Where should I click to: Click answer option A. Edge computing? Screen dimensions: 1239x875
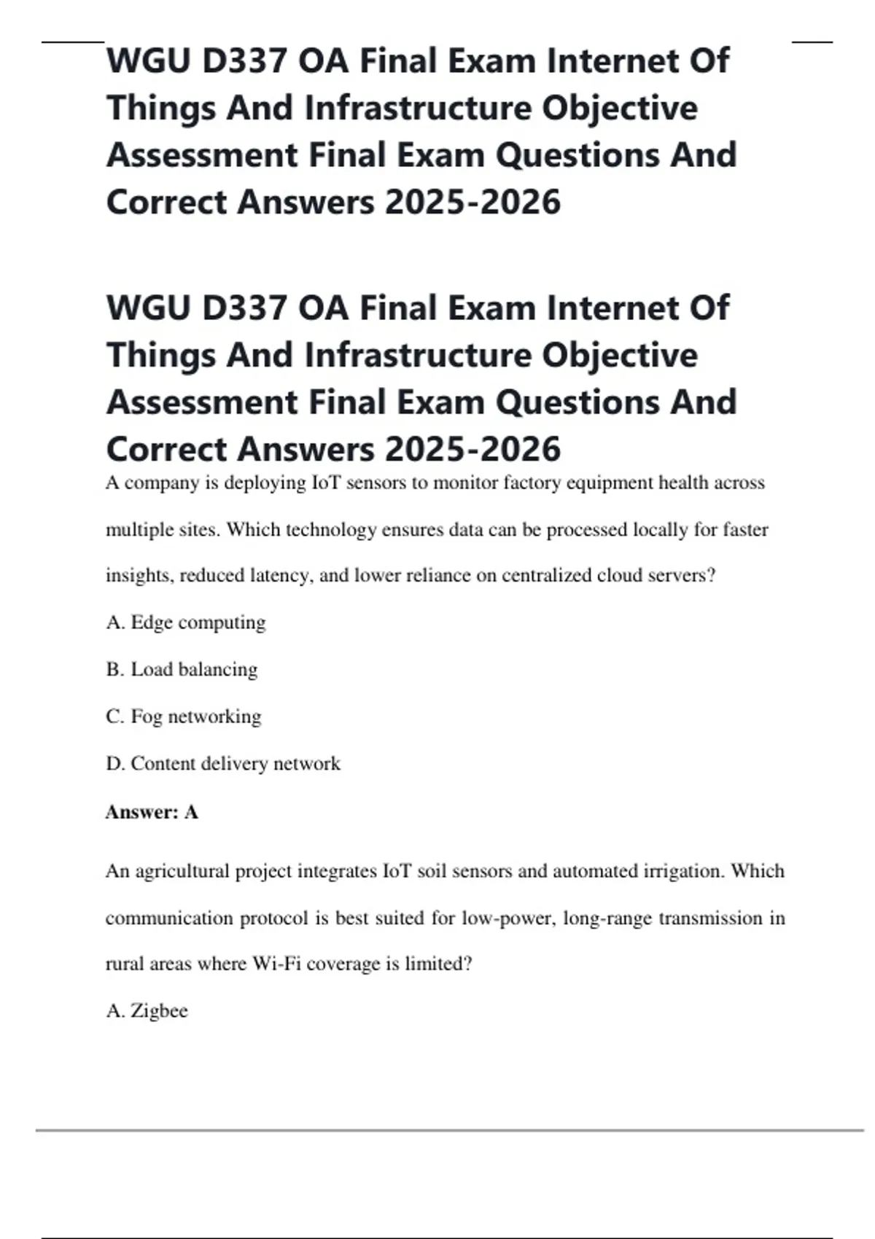(186, 622)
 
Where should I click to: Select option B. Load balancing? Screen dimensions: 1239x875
(182, 669)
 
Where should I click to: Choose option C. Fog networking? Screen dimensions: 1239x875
(183, 716)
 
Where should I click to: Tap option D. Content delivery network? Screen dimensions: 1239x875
(222, 763)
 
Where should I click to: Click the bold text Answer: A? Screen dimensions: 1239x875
(152, 812)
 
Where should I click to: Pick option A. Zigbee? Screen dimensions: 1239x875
(147, 1011)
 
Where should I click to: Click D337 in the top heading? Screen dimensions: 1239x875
(244, 60)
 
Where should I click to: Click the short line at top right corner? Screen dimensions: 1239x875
(812, 42)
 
